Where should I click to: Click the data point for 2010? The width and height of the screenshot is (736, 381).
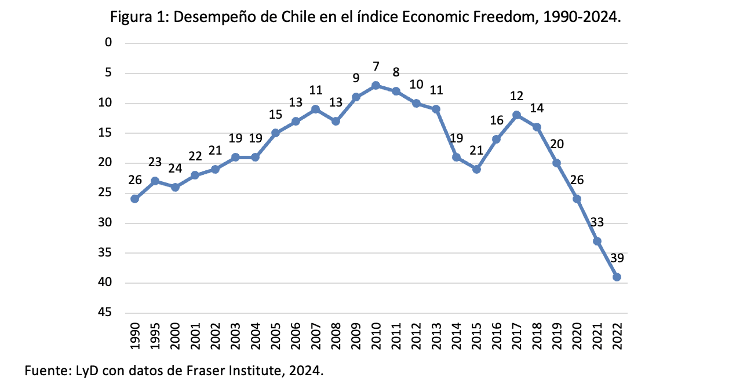(376, 85)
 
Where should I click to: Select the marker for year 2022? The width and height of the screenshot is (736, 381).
(617, 277)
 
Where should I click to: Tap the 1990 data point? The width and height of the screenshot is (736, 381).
(134, 199)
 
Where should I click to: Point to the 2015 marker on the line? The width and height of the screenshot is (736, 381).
(476, 169)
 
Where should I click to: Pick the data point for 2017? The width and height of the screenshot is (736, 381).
(516, 115)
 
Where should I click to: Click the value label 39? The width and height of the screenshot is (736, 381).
(616, 258)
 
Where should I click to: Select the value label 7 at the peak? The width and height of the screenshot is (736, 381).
(376, 67)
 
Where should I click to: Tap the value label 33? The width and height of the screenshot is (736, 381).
(597, 222)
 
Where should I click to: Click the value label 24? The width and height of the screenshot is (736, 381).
(175, 168)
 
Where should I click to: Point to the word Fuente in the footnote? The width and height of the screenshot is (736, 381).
(42, 369)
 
